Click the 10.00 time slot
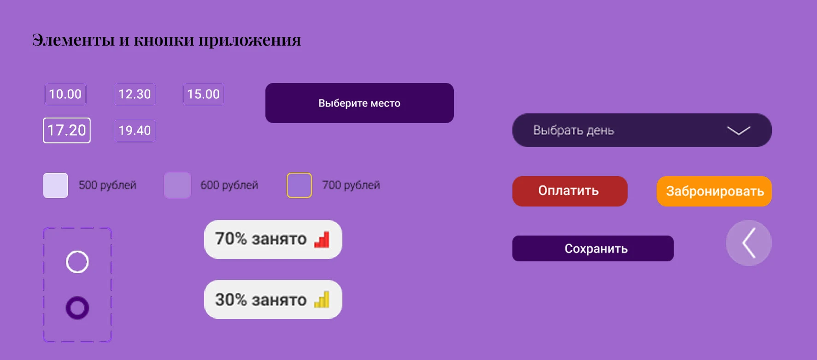pyautogui.click(x=65, y=94)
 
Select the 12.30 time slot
pyautogui.click(x=135, y=94)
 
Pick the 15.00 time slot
pyautogui.click(x=204, y=94)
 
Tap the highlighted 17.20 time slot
pyautogui.click(x=67, y=130)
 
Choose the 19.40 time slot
pyautogui.click(x=135, y=130)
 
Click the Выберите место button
pyautogui.click(x=359, y=103)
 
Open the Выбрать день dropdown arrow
pyautogui.click(x=739, y=131)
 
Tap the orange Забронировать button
pyautogui.click(x=714, y=191)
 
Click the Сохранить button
pyautogui.click(x=593, y=248)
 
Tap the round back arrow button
pyautogui.click(x=749, y=243)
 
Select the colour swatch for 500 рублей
pyautogui.click(x=55, y=185)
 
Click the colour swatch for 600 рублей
pyautogui.click(x=177, y=185)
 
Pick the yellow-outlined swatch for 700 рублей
pyautogui.click(x=300, y=185)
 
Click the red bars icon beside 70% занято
pyautogui.click(x=322, y=240)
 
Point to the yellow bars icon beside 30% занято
pyautogui.click(x=322, y=300)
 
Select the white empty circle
pyautogui.click(x=77, y=262)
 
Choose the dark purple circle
pyautogui.click(x=77, y=308)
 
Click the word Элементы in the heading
pyautogui.click(x=73, y=40)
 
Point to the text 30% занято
pyautogui.click(x=261, y=300)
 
